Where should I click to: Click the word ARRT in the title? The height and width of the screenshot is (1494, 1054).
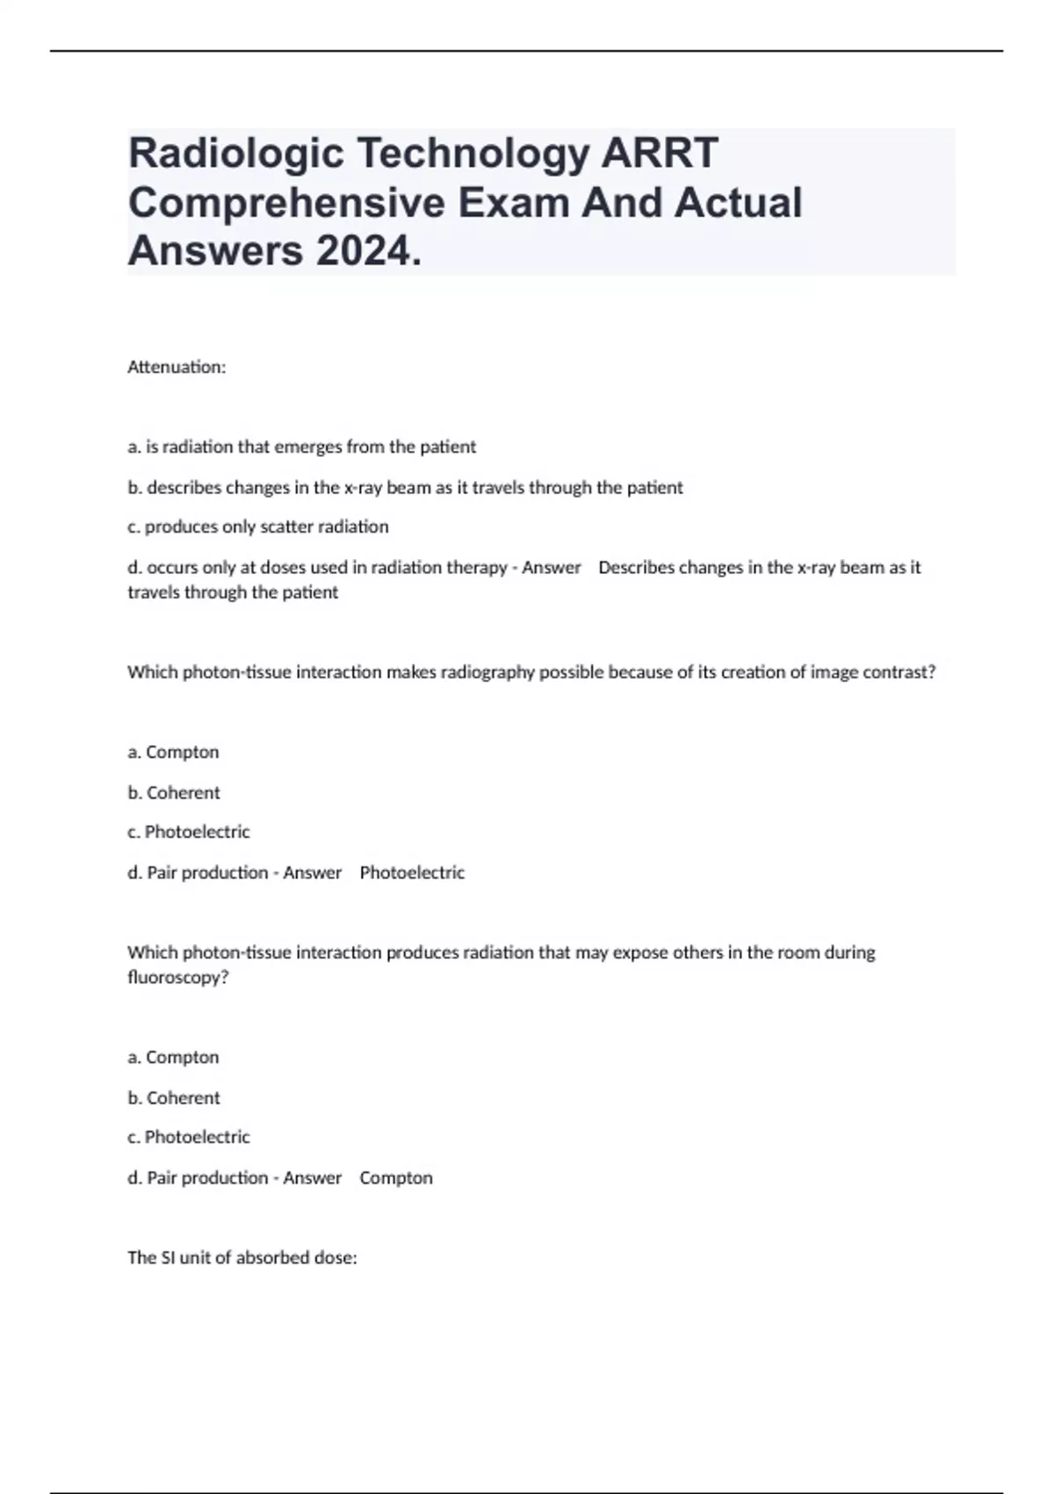(x=659, y=153)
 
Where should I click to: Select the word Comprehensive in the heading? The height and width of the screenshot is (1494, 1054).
(x=286, y=202)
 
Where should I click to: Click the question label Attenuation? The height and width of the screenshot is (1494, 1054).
(x=177, y=367)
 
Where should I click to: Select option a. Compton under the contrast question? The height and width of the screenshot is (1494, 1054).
(x=173, y=752)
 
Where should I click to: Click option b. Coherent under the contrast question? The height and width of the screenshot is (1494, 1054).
(x=174, y=793)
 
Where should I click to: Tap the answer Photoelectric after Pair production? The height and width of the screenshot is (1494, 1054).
(x=412, y=873)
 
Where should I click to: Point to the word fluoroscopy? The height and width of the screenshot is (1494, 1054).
(x=177, y=977)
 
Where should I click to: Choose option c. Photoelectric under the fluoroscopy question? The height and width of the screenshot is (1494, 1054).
(x=189, y=1137)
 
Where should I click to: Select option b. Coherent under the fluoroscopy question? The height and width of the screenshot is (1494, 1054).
(x=174, y=1098)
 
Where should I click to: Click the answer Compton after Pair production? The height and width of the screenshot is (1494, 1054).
(x=396, y=1178)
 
